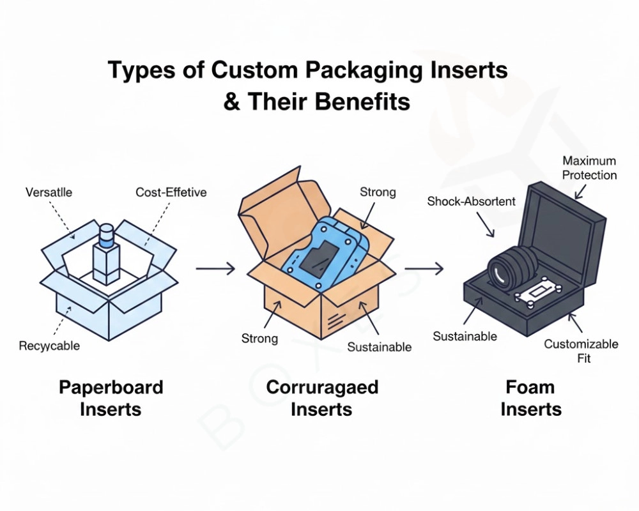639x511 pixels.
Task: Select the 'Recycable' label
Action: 49,346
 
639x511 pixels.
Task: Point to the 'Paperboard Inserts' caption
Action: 111,397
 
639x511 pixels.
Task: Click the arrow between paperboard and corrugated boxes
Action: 215,268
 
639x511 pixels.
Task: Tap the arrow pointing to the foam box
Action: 424,268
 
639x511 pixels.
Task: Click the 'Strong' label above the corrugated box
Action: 378,192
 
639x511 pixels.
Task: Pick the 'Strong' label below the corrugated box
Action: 259,339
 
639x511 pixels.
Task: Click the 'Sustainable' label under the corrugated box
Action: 380,347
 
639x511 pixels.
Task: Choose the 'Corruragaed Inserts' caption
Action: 321,397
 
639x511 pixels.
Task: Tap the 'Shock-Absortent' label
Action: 471,201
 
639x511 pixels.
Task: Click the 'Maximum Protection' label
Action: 589,167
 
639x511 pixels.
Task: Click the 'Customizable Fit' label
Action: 581,351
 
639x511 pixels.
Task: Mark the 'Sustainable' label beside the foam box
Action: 465,336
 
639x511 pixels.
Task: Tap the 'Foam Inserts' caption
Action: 530,397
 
